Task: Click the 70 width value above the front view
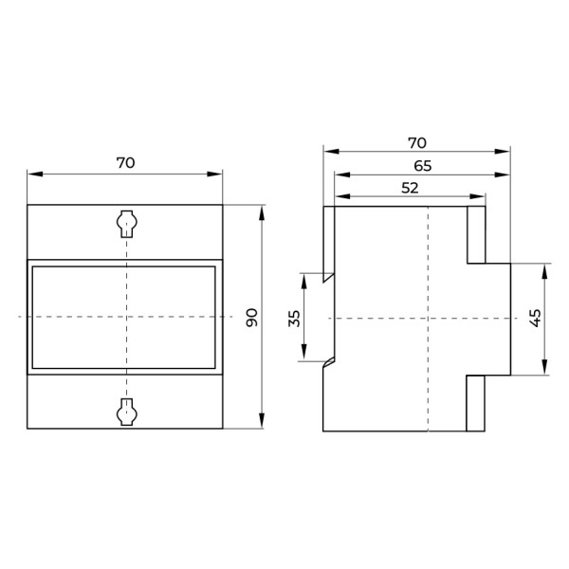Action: click(125, 162)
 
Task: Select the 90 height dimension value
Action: click(252, 317)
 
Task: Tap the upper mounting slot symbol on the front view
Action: click(125, 223)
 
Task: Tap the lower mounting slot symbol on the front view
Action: click(125, 411)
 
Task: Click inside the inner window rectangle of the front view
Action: click(124, 317)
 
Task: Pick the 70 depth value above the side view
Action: click(416, 143)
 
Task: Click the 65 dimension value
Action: click(422, 166)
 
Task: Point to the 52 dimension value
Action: click(410, 188)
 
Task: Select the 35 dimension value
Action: click(294, 318)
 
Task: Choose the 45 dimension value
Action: click(536, 318)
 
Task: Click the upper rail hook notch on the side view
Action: click(328, 277)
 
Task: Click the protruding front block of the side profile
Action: click(497, 319)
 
